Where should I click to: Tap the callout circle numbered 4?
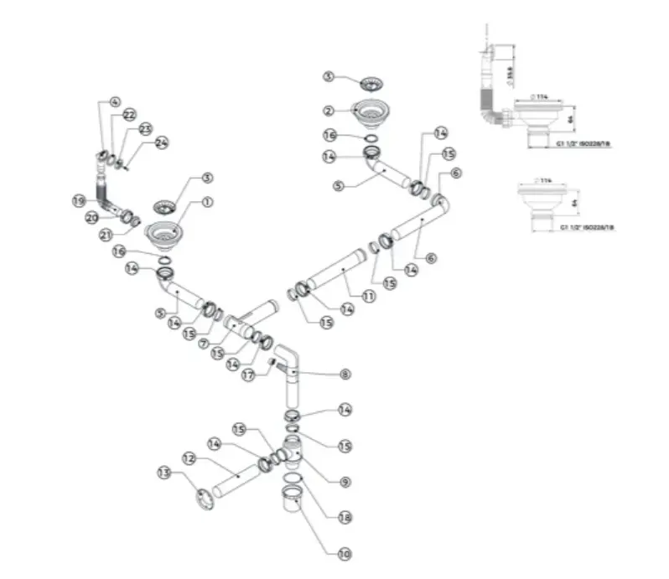(116, 102)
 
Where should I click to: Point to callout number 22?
(130, 114)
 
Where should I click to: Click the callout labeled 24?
(161, 143)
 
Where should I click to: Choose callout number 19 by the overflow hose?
(79, 200)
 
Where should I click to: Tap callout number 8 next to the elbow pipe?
(345, 373)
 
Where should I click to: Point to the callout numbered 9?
(345, 482)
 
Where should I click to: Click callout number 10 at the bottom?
(345, 554)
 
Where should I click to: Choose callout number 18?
(345, 518)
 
